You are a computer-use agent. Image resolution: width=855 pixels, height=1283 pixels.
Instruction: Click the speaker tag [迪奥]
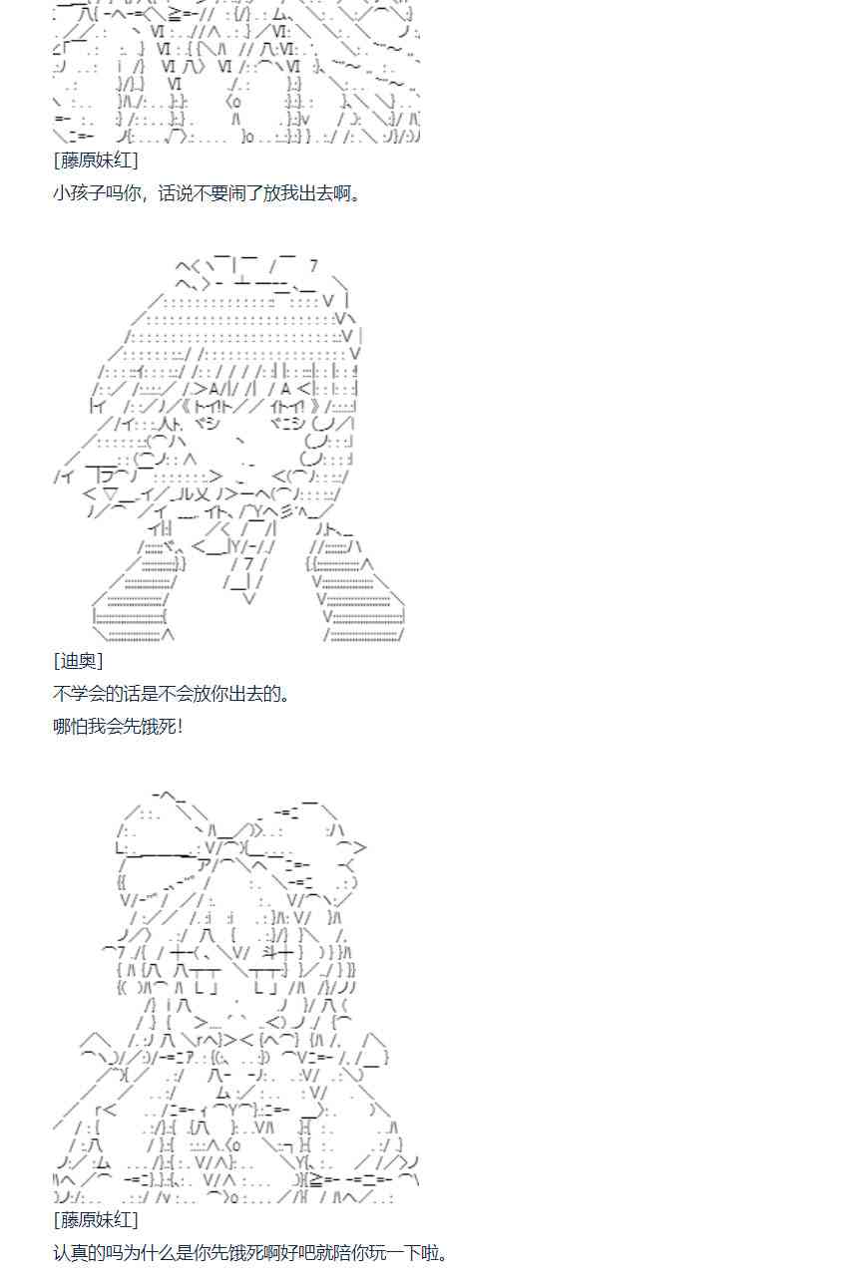78,661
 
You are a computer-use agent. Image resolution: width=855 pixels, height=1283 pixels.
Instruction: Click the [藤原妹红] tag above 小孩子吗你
96,160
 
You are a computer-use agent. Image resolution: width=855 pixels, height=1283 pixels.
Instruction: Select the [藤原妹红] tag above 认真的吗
96,1220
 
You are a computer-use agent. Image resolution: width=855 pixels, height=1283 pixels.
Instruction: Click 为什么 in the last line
151,1253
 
